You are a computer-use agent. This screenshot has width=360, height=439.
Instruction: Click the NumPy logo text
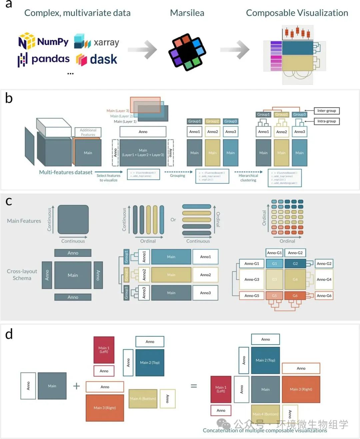pyautogui.click(x=52, y=42)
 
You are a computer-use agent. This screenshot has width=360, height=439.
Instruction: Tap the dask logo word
pyautogui.click(x=103, y=59)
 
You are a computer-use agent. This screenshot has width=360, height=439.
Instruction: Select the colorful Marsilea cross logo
pyautogui.click(x=187, y=52)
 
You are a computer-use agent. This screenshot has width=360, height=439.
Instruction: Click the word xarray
pyautogui.click(x=106, y=43)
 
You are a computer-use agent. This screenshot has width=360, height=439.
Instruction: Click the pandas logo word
pyautogui.click(x=50, y=59)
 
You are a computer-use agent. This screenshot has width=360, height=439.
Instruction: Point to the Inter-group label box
pyautogui.click(x=326, y=111)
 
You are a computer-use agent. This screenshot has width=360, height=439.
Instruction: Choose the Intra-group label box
pyautogui.click(x=326, y=121)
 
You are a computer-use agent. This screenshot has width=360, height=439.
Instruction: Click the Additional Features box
pyautogui.click(x=88, y=132)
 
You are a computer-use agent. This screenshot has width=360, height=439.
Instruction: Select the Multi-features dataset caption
pyautogui.click(x=66, y=172)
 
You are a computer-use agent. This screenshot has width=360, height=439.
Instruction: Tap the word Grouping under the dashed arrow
pyautogui.click(x=177, y=176)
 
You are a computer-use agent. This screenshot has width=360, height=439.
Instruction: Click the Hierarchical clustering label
pyautogui.click(x=248, y=178)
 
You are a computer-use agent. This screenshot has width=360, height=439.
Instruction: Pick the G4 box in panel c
pyautogui.click(x=295, y=279)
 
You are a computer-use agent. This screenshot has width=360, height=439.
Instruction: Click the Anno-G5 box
pyautogui.click(x=252, y=296)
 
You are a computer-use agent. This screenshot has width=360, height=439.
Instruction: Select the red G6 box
pyautogui.click(x=295, y=296)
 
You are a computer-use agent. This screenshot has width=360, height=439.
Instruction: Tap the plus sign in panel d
pyautogui.click(x=77, y=386)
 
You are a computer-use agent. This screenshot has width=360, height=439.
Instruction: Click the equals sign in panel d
pyautogui.click(x=194, y=386)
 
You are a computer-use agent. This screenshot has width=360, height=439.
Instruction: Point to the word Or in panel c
pyautogui.click(x=173, y=220)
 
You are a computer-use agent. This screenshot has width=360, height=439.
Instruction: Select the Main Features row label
pyautogui.click(x=24, y=221)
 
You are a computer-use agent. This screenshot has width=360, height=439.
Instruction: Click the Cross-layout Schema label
pyautogui.click(x=22, y=275)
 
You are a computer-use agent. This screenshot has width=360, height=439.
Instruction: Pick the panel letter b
pyautogui.click(x=9, y=99)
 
